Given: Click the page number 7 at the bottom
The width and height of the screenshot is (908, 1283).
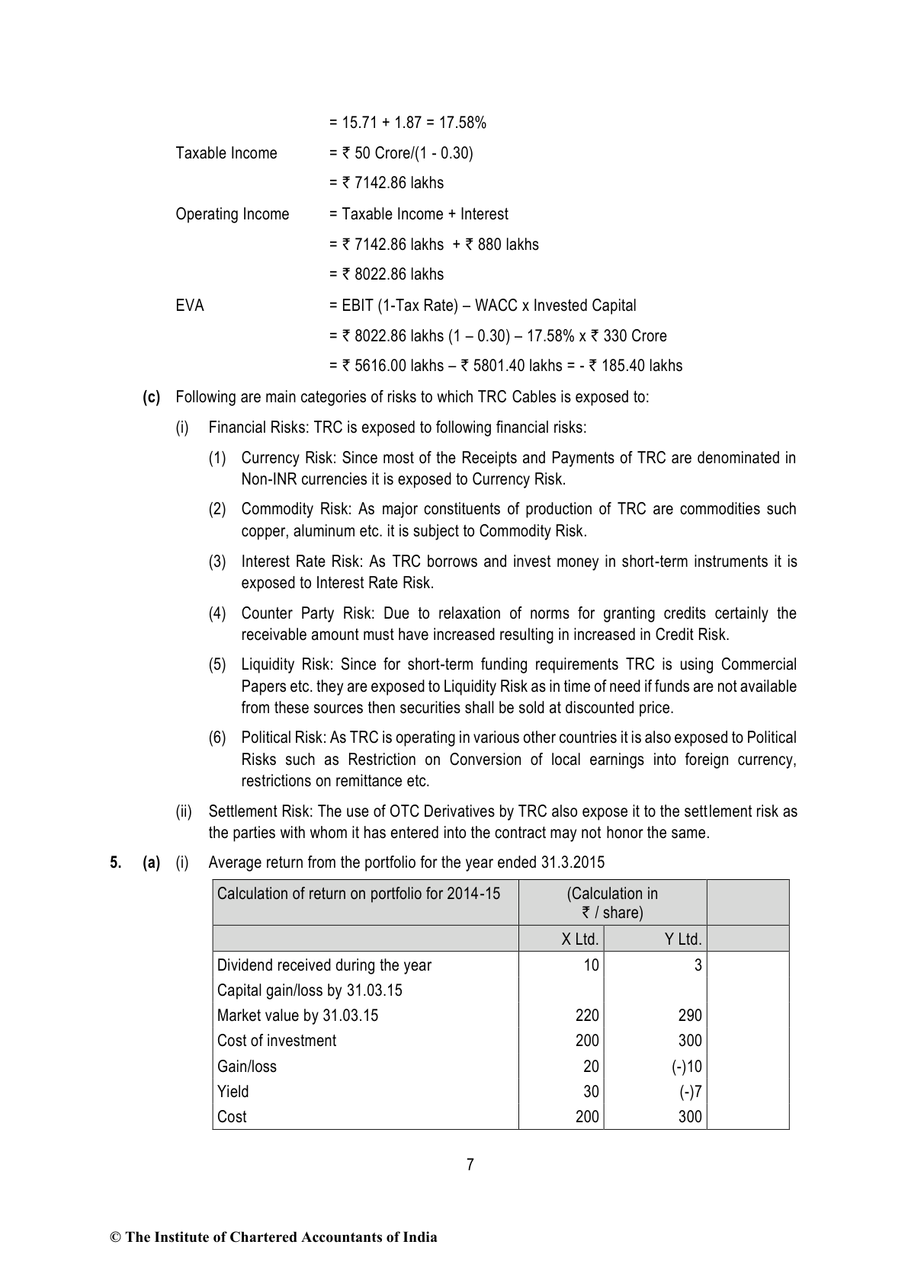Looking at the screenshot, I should pyautogui.click(x=470, y=1164).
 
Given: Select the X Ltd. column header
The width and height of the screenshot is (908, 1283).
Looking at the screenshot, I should pyautogui.click(x=579, y=939).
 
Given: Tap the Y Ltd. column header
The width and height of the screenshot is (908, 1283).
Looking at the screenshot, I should pyautogui.click(x=683, y=939).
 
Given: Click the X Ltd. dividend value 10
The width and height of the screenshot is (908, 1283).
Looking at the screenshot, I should pyautogui.click(x=591, y=965).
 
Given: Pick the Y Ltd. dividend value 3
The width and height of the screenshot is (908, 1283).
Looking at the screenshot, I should pyautogui.click(x=698, y=965).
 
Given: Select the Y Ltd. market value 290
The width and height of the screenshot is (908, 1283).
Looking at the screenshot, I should pyautogui.click(x=690, y=1016).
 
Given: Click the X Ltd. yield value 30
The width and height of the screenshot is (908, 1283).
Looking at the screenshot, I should pyautogui.click(x=591, y=1092).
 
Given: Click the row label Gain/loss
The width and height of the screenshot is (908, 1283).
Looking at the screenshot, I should pyautogui.click(x=246, y=1067).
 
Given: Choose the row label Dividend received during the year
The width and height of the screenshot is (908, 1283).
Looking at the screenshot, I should pyautogui.click(x=324, y=965).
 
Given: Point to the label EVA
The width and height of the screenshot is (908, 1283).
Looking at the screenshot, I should pyautogui.click(x=190, y=306).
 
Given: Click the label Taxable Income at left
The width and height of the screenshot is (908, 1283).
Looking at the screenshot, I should pyautogui.click(x=226, y=153).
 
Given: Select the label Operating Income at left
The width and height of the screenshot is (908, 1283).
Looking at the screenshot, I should pyautogui.click(x=233, y=214).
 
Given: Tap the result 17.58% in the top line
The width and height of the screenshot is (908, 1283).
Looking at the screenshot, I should pyautogui.click(x=463, y=123).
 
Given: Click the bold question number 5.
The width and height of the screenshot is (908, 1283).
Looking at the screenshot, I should pyautogui.click(x=115, y=862).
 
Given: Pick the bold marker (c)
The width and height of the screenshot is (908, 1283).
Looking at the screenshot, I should pyautogui.click(x=152, y=397).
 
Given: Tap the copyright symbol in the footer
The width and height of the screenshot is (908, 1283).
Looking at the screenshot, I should pyautogui.click(x=116, y=1237).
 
